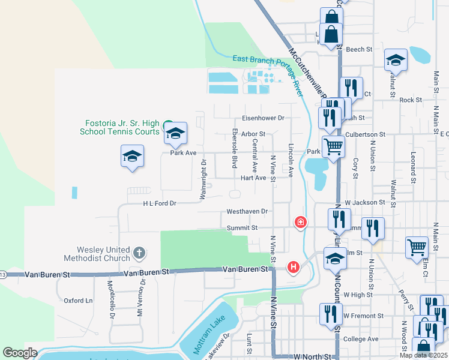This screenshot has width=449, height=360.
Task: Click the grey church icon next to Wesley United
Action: tap(139, 253)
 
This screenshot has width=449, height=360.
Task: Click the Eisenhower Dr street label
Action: tap(262, 118)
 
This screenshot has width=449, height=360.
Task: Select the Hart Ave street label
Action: tap(253, 178)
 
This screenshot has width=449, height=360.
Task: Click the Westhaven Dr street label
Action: tap(247, 212)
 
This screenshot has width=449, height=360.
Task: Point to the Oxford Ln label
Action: tap(79, 301)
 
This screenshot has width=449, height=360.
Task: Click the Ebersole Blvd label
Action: tap(235, 147)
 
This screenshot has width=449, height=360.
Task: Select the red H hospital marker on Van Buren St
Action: tap(293, 267)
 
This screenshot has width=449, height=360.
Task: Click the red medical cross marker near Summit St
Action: tap(300, 223)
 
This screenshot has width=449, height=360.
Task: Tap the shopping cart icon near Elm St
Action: tap(416, 247)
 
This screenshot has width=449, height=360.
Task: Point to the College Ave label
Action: tap(361, 339)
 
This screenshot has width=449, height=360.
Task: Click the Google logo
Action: tap(20, 353)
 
